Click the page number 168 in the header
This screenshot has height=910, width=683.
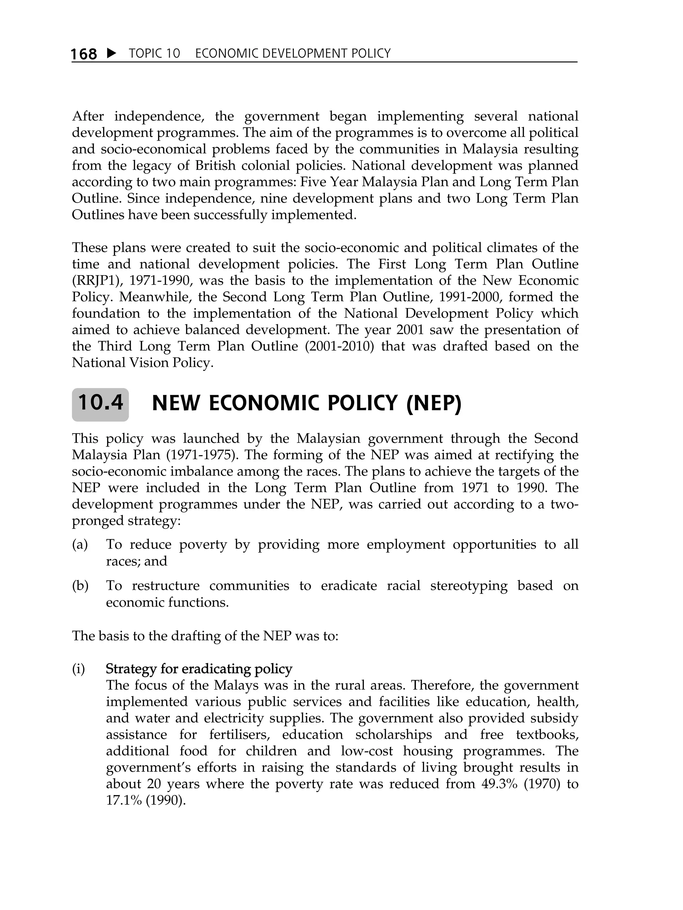click(84, 54)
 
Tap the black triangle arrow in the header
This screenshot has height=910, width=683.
click(111, 53)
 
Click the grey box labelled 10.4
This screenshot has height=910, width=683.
click(100, 404)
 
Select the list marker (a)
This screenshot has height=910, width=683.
click(80, 545)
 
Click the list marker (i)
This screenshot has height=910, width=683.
click(78, 669)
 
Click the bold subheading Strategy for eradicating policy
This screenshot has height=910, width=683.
click(199, 669)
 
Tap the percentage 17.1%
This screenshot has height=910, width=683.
click(121, 801)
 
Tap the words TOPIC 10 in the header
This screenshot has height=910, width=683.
click(154, 54)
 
